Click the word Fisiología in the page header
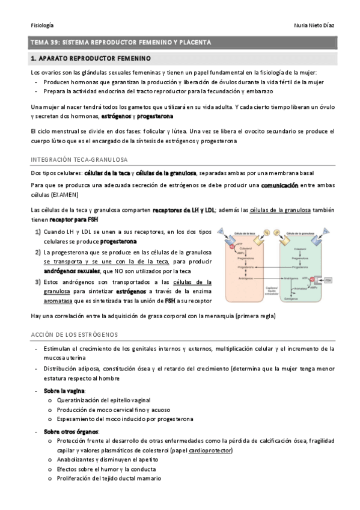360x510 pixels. (x=42, y=25)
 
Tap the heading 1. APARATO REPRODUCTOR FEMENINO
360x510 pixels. (x=90, y=58)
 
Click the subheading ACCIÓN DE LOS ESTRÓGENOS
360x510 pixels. (x=75, y=334)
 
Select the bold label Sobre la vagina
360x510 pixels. (x=64, y=390)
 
